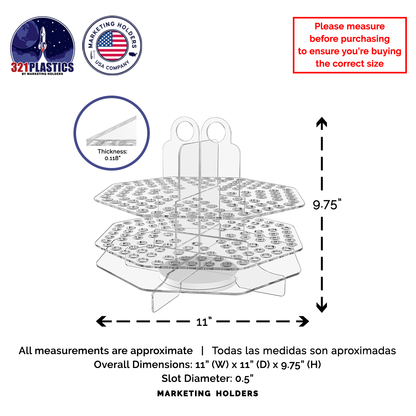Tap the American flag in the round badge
[x=112, y=45]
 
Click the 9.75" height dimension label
[x=327, y=204]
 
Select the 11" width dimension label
[x=204, y=322]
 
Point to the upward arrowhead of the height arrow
[x=322, y=122]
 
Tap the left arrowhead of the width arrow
[x=101, y=321]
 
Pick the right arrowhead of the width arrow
[x=304, y=321]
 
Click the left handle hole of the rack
[x=185, y=130]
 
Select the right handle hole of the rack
[x=216, y=131]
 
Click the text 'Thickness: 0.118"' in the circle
[x=112, y=155]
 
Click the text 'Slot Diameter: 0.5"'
[x=207, y=378]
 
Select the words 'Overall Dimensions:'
[x=143, y=365]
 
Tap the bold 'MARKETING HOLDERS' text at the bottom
[x=208, y=394]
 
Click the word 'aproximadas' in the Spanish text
[x=364, y=351]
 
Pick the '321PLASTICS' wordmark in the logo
[x=42, y=67]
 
